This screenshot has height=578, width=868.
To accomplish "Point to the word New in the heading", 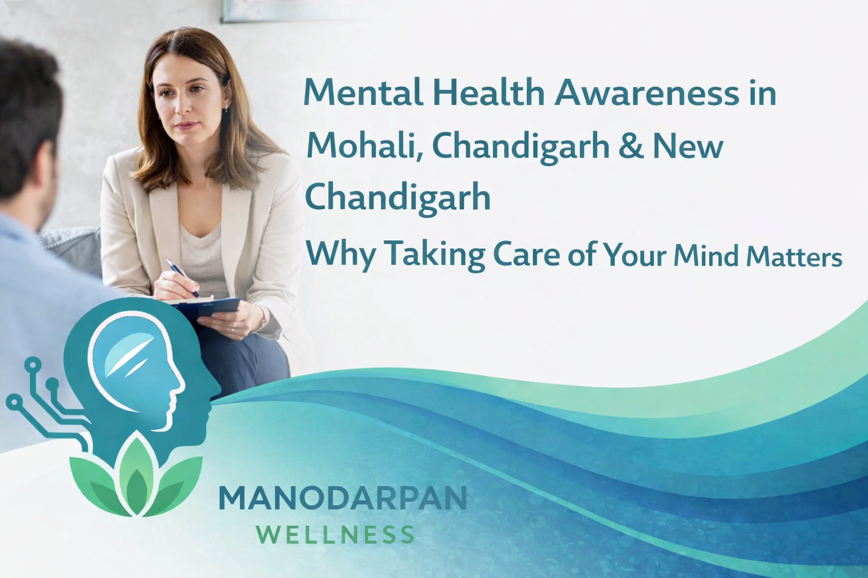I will (x=688, y=146).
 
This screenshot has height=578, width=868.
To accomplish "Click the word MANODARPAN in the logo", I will (x=342, y=498).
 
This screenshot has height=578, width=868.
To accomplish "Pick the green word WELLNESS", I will (x=335, y=535).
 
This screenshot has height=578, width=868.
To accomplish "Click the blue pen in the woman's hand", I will (x=182, y=277).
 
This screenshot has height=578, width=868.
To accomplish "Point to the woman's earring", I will (x=227, y=107).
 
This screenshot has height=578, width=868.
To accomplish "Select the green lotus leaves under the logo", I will (x=135, y=480).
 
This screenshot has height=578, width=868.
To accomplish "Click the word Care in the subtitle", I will (x=526, y=254).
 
